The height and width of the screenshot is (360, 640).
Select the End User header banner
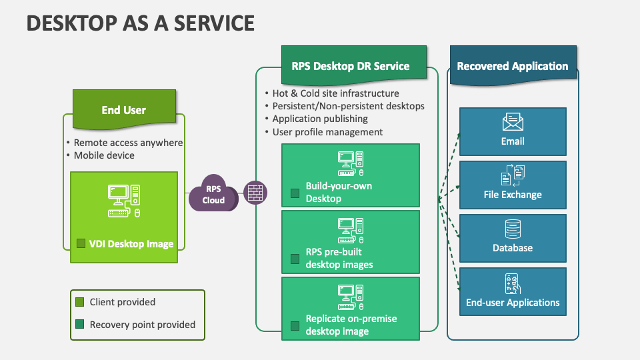(124, 109)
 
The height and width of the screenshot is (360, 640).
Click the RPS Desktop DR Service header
(351, 66)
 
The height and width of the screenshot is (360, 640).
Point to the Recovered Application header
(512, 66)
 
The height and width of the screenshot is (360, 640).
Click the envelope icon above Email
(513, 121)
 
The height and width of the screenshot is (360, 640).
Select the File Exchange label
(513, 195)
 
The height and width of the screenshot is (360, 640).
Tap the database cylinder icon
(513, 229)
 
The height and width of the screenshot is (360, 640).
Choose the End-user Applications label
(513, 303)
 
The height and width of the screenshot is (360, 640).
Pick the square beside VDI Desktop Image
(81, 244)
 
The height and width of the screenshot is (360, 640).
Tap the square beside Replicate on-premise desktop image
(295, 326)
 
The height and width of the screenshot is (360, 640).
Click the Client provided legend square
(79, 302)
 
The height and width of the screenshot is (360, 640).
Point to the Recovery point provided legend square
(79, 325)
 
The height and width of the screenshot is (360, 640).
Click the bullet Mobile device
(104, 155)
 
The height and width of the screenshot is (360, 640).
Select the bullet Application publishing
(319, 119)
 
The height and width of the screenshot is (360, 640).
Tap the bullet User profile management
(327, 132)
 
